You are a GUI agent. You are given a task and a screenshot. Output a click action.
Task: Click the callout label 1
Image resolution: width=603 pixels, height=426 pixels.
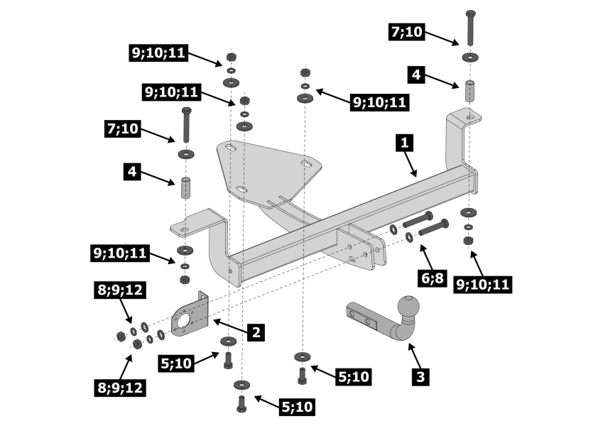point(404,143)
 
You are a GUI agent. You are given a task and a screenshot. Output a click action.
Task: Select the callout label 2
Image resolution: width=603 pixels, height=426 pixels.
point(256,332)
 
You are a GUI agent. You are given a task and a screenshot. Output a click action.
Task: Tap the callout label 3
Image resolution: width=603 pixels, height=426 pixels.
point(420,376)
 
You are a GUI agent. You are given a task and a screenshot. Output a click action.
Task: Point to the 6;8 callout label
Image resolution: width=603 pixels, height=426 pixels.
point(433,278)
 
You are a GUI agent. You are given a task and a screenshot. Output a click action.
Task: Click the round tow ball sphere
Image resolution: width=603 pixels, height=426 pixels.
point(409,307)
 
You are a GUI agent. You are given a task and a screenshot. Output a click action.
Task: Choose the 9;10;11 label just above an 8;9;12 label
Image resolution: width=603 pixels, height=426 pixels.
point(120,253)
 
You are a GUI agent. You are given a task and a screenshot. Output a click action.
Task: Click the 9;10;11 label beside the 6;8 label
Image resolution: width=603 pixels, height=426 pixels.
point(483,284)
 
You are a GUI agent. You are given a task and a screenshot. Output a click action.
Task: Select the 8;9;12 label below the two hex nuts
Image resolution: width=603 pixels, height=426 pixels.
point(120,387)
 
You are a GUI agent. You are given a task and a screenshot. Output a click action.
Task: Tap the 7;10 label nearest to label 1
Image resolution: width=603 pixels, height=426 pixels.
point(407,31)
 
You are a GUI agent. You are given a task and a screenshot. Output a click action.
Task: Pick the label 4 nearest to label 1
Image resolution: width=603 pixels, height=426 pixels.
point(416,75)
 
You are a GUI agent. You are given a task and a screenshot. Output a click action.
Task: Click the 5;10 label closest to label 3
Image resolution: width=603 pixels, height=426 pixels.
point(354,376)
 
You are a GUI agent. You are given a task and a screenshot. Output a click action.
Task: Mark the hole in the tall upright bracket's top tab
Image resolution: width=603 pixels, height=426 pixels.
point(470,117)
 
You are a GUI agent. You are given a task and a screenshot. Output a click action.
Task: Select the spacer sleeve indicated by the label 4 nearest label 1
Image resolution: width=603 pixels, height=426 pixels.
point(469,91)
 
